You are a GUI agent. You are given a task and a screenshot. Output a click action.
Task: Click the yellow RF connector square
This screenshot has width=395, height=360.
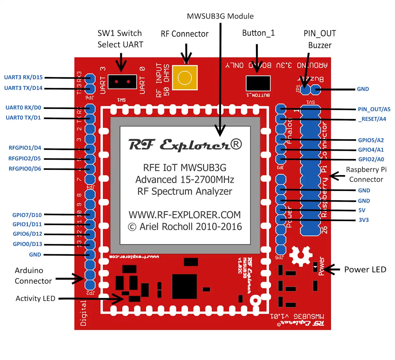click(x=184, y=78)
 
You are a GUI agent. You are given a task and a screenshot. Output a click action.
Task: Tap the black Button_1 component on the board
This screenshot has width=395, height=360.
click(x=258, y=83)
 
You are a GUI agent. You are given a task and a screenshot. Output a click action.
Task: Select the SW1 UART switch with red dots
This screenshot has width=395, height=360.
click(x=121, y=82)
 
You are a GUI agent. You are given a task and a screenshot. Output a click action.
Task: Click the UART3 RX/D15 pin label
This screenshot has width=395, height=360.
click(x=23, y=77)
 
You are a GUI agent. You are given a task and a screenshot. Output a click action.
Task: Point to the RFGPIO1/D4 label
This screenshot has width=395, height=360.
click(x=25, y=148)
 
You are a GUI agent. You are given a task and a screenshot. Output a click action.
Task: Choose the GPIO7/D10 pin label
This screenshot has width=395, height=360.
click(x=27, y=215)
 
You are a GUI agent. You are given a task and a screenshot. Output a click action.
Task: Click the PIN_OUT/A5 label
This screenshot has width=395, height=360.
click(x=374, y=109)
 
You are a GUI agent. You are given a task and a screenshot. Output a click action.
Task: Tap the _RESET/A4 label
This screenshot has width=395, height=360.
click(x=372, y=119)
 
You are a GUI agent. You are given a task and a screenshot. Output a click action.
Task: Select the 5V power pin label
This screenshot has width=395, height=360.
click(x=362, y=210)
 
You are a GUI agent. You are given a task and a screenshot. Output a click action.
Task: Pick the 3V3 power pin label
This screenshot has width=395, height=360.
click(x=364, y=220)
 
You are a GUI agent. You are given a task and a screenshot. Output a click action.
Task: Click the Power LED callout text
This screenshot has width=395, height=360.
click(x=365, y=270)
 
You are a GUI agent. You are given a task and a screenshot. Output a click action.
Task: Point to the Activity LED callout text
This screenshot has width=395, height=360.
click(x=35, y=298)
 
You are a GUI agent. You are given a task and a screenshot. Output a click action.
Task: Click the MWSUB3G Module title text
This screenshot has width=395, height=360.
click(x=220, y=16)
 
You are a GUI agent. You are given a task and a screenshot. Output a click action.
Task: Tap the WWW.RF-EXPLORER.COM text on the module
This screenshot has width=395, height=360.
click(x=184, y=215)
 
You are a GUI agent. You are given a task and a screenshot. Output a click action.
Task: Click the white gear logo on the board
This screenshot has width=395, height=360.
click(x=301, y=256)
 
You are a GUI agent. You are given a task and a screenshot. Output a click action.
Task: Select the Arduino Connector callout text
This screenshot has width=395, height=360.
click(x=33, y=276)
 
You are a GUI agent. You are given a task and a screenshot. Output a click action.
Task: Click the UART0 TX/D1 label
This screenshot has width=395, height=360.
click(x=23, y=118)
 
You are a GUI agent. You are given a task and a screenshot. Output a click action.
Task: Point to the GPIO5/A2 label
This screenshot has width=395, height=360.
click(x=371, y=140)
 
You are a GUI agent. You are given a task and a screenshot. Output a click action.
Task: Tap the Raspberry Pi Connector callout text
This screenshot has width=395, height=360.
click(x=366, y=174)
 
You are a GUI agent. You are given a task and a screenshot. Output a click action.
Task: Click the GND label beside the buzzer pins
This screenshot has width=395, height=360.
click(x=363, y=89)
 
